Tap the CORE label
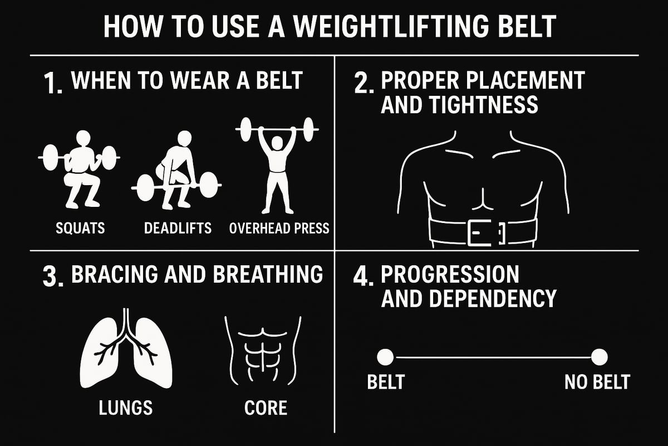pyautogui.click(x=266, y=408)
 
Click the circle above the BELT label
pyautogui.click(x=385, y=357)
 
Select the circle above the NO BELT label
pyautogui.click(x=599, y=357)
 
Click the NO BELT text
pyautogui.click(x=597, y=382)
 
